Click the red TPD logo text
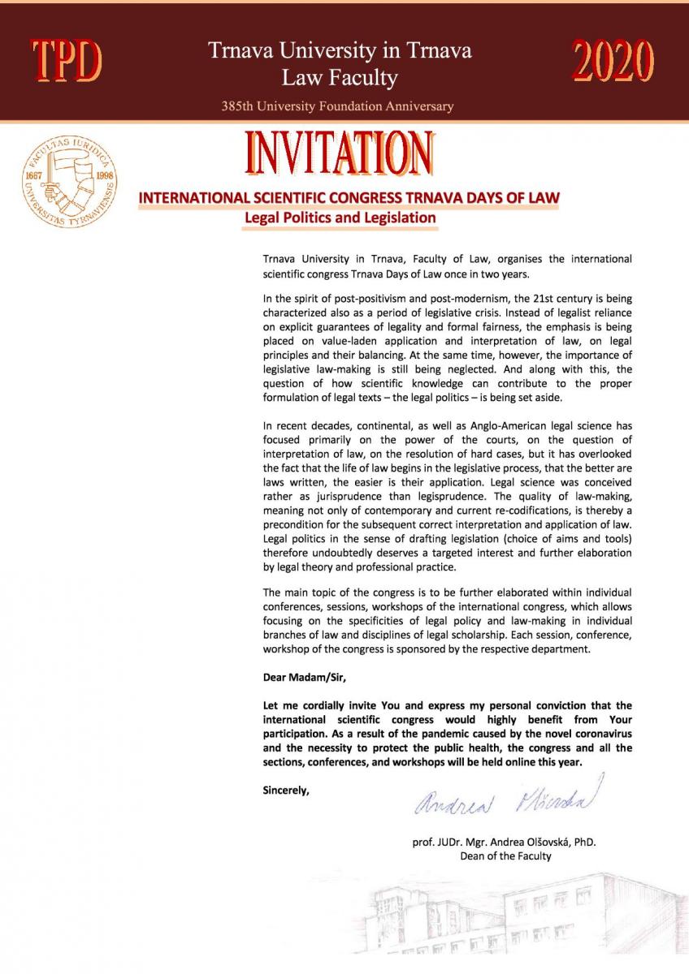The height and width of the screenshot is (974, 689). tap(67, 61)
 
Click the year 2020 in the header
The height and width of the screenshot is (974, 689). tap(613, 61)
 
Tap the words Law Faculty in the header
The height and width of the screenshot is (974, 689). tap(340, 78)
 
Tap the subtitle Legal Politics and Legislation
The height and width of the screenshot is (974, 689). tap(340, 218)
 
